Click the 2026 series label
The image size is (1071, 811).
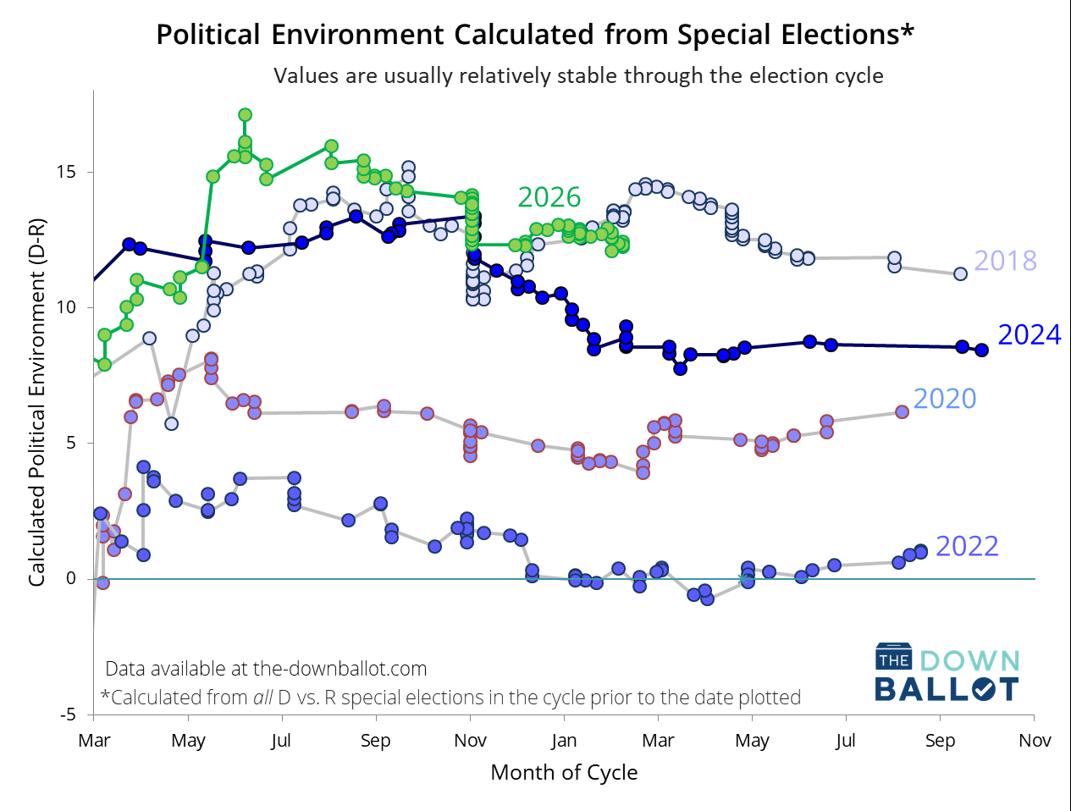point(549,197)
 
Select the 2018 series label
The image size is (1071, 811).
point(1005,261)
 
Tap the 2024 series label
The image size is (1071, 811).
point(1029,335)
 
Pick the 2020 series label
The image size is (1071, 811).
point(944,399)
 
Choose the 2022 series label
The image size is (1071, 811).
point(967,547)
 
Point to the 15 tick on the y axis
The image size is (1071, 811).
point(66,172)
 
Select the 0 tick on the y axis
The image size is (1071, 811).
point(71,579)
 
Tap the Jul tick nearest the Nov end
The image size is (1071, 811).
point(845,741)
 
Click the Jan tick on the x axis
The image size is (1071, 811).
point(564,741)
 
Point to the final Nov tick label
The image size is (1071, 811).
point(1035,741)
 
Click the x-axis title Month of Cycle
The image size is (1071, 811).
point(564,773)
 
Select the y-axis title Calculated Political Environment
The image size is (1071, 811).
point(36,403)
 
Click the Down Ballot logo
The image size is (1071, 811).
point(947,674)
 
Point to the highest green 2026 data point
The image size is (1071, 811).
point(245,115)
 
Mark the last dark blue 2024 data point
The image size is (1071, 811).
point(981,350)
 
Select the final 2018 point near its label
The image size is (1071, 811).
point(960,273)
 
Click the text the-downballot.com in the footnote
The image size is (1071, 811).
point(340,669)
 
